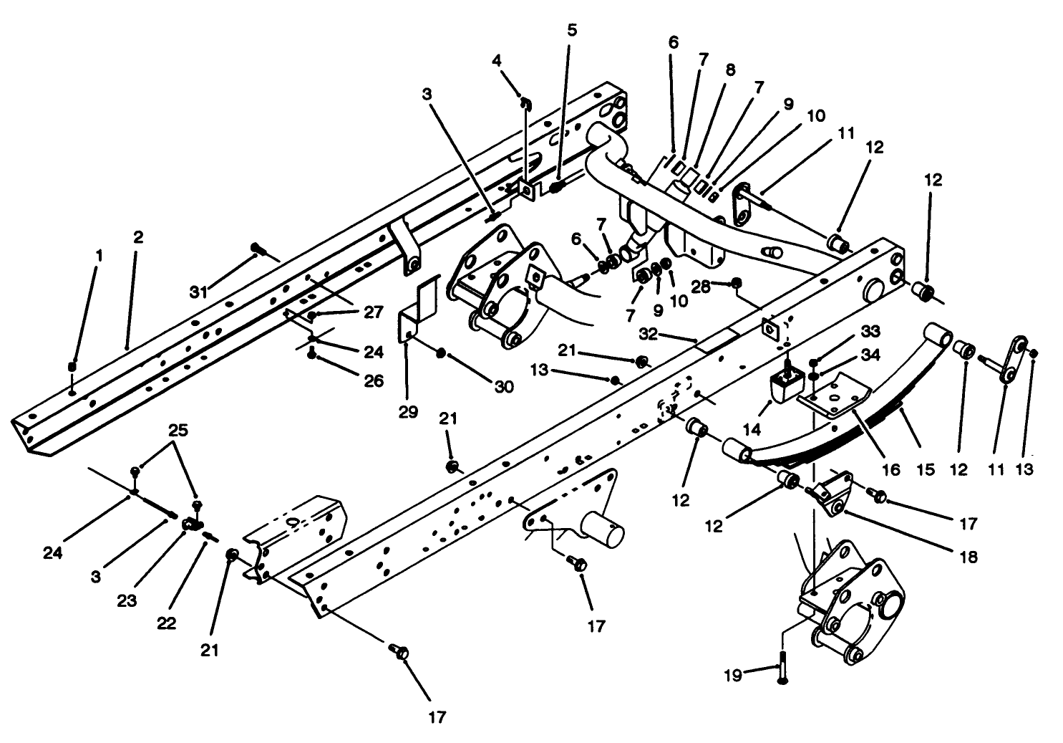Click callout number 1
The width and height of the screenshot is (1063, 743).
point(99,255)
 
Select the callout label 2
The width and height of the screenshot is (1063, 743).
point(137,237)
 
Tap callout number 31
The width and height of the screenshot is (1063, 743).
point(198,292)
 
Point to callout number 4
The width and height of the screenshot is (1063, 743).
point(497,60)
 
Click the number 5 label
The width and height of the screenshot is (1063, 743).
point(571,30)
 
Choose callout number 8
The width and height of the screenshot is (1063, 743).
point(729,70)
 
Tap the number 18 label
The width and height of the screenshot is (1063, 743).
point(969,557)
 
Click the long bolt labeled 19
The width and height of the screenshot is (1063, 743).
point(782,669)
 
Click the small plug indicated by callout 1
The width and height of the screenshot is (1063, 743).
point(72,367)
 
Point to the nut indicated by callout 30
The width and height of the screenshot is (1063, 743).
point(442,353)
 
